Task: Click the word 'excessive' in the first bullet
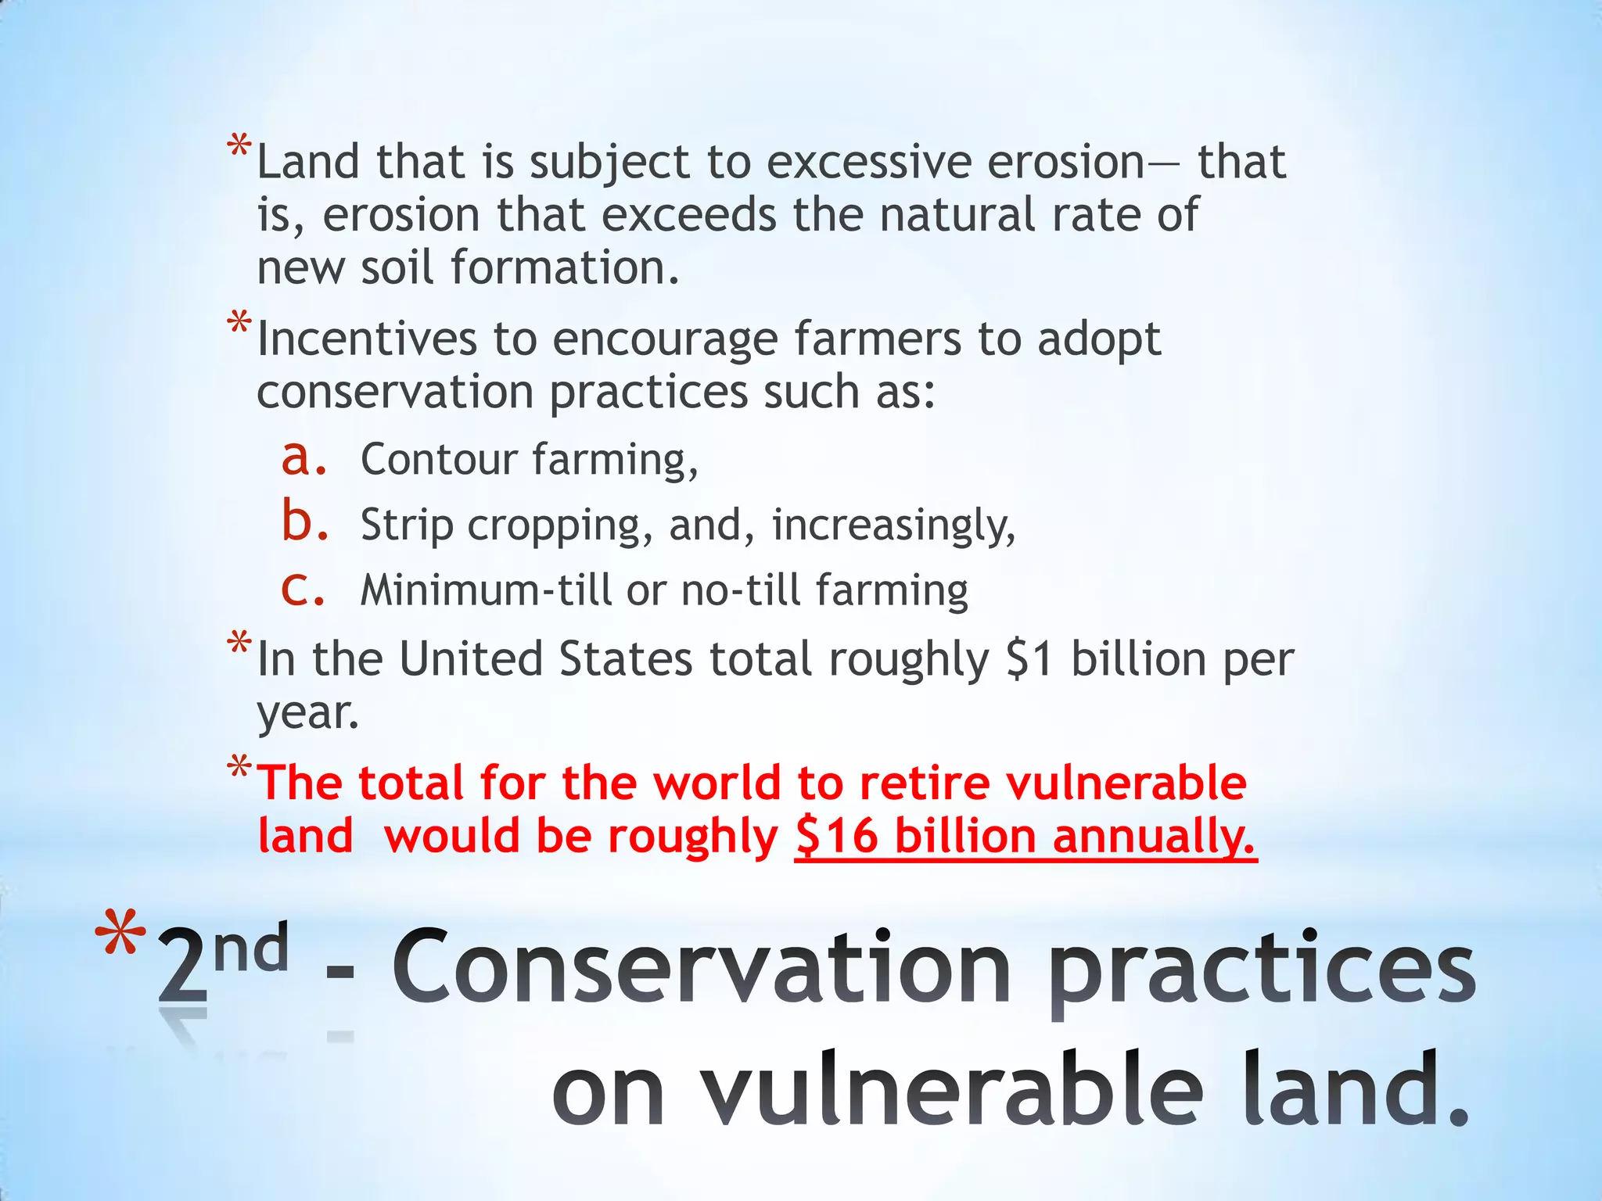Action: tap(868, 163)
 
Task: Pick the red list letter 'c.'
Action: tap(303, 589)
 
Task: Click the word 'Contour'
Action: tap(439, 459)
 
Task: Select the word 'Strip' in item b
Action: tap(407, 525)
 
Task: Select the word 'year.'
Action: tap(308, 713)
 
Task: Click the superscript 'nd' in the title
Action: tap(251, 948)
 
